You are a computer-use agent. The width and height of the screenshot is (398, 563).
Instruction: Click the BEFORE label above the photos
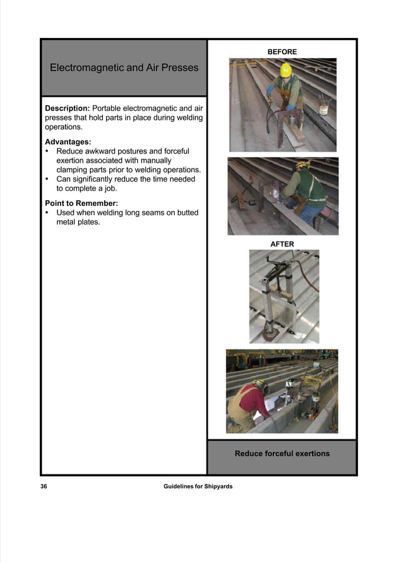pyautogui.click(x=282, y=52)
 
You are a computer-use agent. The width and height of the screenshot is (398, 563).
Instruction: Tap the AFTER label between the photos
pyautogui.click(x=282, y=244)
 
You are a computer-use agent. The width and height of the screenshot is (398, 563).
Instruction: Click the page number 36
pyautogui.click(x=44, y=486)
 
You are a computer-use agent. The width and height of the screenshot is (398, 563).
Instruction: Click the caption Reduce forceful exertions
pyautogui.click(x=282, y=453)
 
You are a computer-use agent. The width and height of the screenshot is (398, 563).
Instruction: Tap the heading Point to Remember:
pyautogui.click(x=81, y=203)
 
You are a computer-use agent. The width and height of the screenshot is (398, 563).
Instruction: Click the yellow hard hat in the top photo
pyautogui.click(x=286, y=69)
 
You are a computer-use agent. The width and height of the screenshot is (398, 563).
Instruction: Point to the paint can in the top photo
pyautogui.click(x=323, y=107)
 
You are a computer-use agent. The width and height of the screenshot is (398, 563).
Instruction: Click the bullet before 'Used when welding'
pyautogui.click(x=48, y=213)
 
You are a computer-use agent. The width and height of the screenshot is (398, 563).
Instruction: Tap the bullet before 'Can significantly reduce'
pyautogui.click(x=48, y=179)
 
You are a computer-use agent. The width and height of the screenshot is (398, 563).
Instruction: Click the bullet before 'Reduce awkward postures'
pyautogui.click(x=48, y=151)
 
